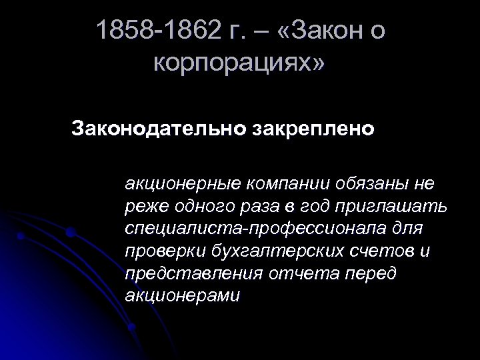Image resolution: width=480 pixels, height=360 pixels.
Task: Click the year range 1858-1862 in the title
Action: pyautogui.click(x=159, y=31)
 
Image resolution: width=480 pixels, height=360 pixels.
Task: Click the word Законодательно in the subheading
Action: pyautogui.click(x=157, y=127)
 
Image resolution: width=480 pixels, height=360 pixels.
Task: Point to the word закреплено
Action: pyautogui.click(x=313, y=127)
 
